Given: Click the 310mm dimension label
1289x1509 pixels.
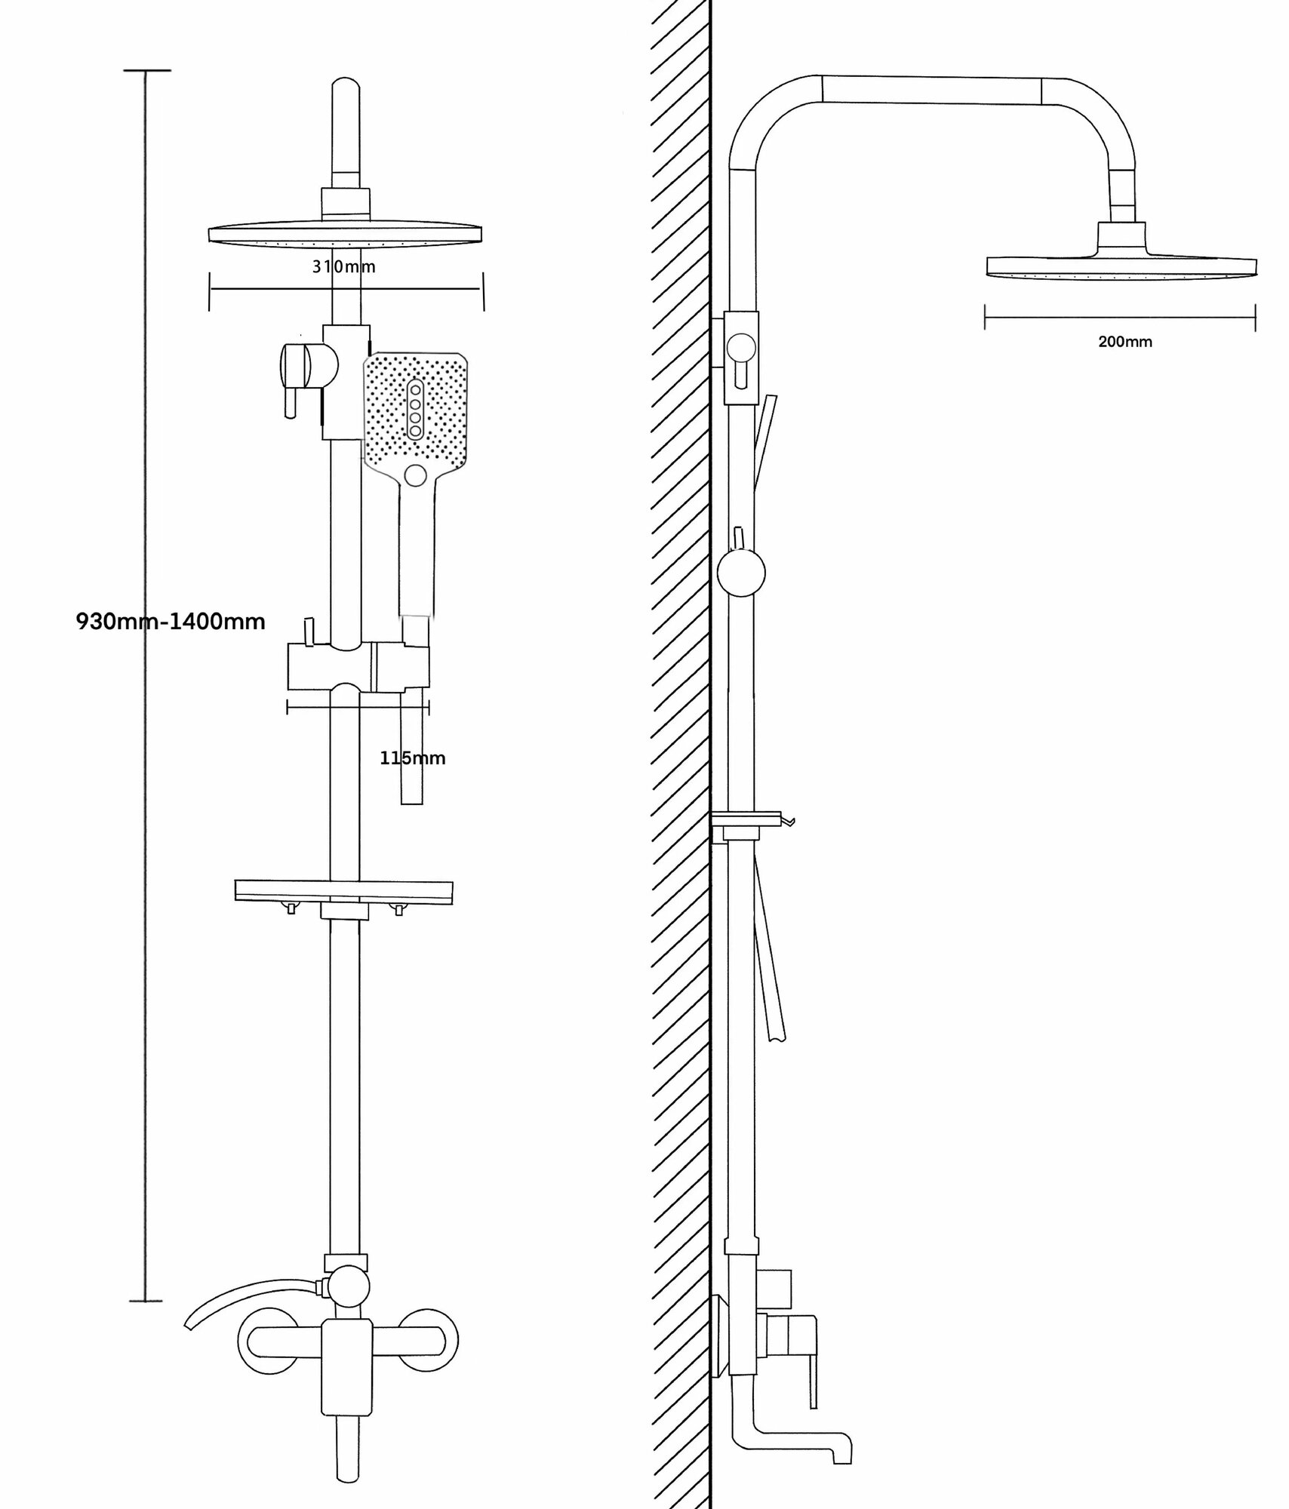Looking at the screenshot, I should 344,266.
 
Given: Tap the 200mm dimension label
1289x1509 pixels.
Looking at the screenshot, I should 1124,342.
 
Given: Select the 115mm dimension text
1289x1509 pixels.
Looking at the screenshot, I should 412,758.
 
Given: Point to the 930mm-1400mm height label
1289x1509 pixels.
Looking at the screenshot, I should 171,622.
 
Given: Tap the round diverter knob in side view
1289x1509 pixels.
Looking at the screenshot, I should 741,573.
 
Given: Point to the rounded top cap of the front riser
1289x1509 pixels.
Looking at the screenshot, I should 346,89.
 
